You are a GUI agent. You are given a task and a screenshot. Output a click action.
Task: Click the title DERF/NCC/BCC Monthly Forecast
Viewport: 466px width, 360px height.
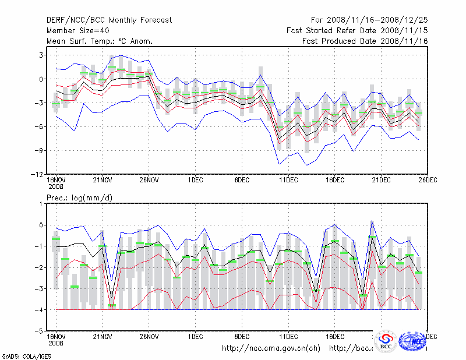point(109,20)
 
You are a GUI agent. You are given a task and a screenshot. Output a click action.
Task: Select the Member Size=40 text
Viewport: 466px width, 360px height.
point(76,31)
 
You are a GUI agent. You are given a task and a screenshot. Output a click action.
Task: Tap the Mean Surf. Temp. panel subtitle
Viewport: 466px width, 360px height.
point(100,41)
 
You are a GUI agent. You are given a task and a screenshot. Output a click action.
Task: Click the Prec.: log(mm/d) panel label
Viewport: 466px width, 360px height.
point(79,198)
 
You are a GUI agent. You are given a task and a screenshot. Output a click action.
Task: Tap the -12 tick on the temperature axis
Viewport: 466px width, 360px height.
point(36,175)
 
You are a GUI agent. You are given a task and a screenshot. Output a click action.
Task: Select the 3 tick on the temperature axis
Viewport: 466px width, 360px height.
point(41,55)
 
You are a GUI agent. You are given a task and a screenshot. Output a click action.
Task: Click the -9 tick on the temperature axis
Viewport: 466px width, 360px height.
point(38,151)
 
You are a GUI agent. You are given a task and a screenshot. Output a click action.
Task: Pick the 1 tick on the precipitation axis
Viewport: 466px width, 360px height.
point(41,204)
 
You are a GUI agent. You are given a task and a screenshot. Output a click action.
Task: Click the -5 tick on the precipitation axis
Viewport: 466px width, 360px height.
point(38,331)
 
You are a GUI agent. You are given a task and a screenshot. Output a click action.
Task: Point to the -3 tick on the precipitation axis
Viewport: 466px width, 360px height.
point(38,288)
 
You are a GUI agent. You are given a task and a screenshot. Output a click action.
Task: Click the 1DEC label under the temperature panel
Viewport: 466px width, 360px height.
point(196,181)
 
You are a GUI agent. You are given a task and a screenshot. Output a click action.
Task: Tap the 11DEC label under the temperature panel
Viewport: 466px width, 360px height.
point(288,181)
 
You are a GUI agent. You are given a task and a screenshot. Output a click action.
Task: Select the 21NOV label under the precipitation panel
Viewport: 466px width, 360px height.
point(103,337)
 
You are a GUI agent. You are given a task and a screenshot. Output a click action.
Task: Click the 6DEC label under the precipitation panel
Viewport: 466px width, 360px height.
point(242,337)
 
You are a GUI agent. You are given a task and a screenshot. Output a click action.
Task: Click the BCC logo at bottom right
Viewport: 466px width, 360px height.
point(386,341)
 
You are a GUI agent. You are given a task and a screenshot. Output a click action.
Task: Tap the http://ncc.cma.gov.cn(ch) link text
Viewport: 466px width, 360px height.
point(271,348)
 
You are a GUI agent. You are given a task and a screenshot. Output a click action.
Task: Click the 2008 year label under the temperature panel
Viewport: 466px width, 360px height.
point(56,188)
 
